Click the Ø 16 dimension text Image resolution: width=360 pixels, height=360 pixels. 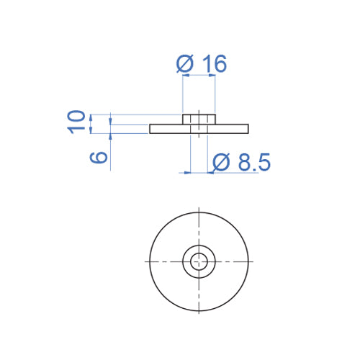[201, 64]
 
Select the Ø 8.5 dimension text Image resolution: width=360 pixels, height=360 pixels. [241, 163]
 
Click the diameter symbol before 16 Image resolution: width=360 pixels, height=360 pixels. [185, 64]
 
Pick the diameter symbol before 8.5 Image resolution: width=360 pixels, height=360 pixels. [222, 163]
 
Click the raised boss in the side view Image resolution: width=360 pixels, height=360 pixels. [199, 119]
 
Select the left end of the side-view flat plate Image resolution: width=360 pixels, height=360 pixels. [152, 129]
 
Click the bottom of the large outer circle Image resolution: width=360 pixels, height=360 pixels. [199, 310]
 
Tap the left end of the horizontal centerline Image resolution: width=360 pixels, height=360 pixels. [146, 261]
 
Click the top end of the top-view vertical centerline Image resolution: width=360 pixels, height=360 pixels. [199, 208]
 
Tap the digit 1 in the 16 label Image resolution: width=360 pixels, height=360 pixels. [206, 64]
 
